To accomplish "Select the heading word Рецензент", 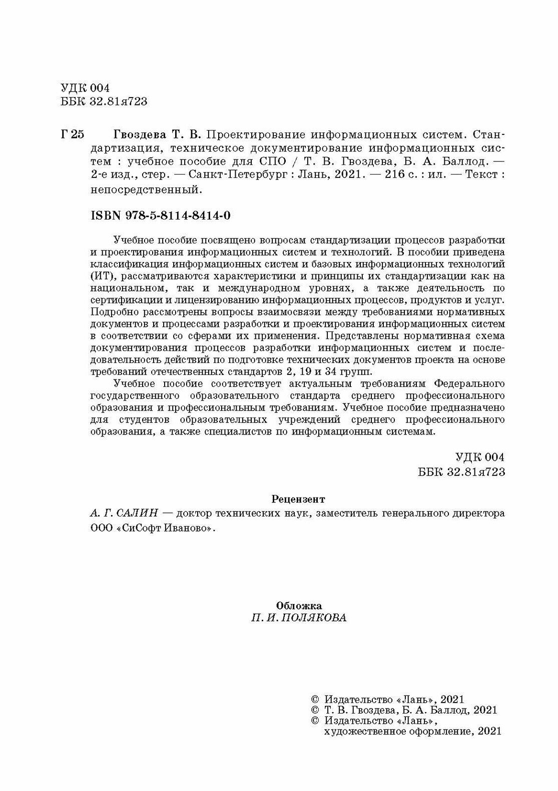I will (x=298, y=499).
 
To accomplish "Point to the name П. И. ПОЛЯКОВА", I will (x=299, y=617).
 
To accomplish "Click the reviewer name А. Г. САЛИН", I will (x=117, y=513).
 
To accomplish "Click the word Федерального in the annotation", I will (x=468, y=383).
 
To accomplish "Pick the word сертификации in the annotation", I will (x=118, y=300).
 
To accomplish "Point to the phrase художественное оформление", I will (x=396, y=731).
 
